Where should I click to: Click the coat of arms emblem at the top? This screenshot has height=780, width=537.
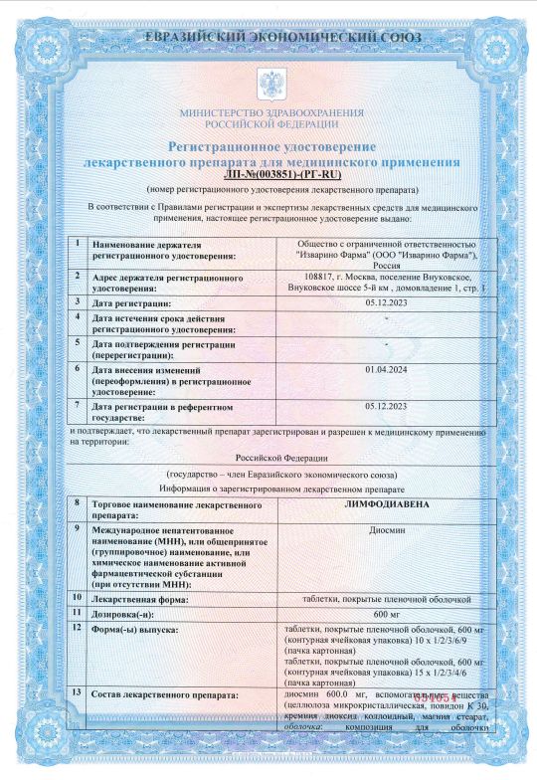click(x=268, y=81)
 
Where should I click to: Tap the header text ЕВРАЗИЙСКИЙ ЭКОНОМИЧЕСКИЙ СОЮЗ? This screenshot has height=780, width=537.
click(x=269, y=38)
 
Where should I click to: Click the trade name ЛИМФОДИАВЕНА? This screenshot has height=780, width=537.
click(x=387, y=504)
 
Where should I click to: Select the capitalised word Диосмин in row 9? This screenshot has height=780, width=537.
click(x=387, y=530)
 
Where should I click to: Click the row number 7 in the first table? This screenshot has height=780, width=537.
click(x=78, y=405)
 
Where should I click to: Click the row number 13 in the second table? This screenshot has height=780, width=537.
click(x=78, y=690)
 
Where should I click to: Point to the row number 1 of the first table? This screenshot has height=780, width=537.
click(x=78, y=243)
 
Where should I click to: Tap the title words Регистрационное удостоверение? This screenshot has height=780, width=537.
click(x=268, y=146)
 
